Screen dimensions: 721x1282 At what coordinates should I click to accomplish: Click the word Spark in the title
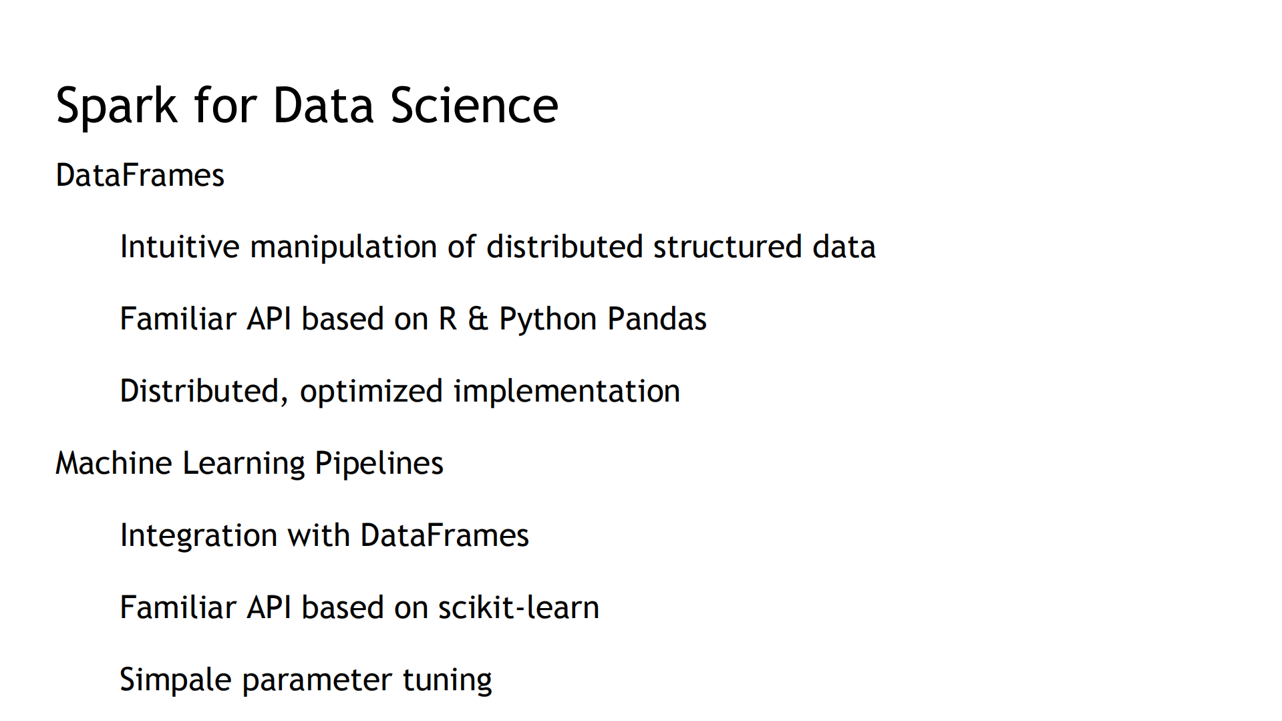point(117,106)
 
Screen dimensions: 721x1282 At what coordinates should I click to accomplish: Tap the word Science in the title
point(474,106)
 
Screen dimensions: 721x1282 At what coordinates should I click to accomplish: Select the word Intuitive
point(179,247)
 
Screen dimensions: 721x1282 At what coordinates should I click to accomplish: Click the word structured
point(728,247)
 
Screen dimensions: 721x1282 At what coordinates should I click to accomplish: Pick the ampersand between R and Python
point(478,319)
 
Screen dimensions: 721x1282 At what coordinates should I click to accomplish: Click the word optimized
point(371,392)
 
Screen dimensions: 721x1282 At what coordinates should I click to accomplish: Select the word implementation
point(567,392)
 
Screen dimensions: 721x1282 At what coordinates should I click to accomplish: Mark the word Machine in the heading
point(113,463)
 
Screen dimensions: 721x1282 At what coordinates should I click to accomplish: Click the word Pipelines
point(379,463)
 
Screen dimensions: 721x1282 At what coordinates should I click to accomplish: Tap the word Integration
point(198,536)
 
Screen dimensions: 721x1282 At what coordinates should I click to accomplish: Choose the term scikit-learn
point(518,607)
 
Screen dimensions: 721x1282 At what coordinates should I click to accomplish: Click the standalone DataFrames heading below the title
point(140,175)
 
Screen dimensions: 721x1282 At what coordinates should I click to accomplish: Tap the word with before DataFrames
point(319,535)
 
